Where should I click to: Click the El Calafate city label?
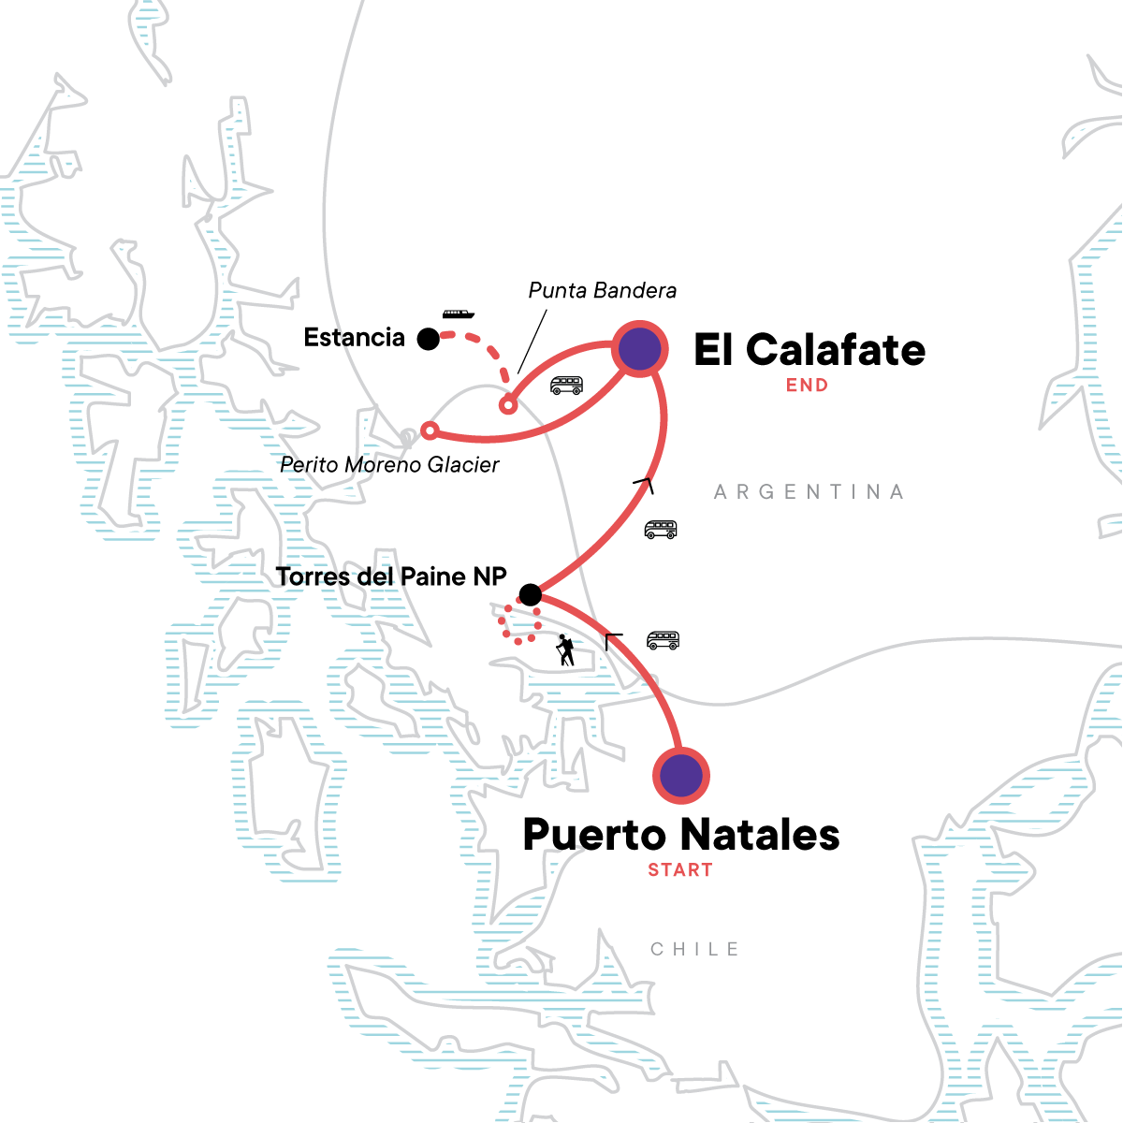coord(809,351)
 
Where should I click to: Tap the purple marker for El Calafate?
coord(639,349)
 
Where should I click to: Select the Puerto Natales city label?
coord(681,835)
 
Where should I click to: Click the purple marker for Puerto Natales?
coord(681,776)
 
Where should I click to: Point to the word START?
coord(680,870)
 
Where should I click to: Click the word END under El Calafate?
coord(807,386)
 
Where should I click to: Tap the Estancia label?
coord(355,338)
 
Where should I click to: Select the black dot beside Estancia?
coord(429,340)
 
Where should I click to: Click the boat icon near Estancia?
coord(459,314)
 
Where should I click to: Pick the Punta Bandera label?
coord(603,291)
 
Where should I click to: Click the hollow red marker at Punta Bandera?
coord(507,406)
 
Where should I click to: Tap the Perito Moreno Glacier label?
coord(390,465)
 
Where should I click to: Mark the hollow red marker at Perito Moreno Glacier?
coord(430,430)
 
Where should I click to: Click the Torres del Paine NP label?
coord(391,577)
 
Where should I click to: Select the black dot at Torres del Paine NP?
coord(530,595)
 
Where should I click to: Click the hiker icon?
coord(564,649)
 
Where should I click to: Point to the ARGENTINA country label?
coord(809,492)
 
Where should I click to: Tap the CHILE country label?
coord(695,950)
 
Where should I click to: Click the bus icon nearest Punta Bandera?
coord(566,386)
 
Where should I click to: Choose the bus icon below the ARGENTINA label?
coord(661,530)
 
